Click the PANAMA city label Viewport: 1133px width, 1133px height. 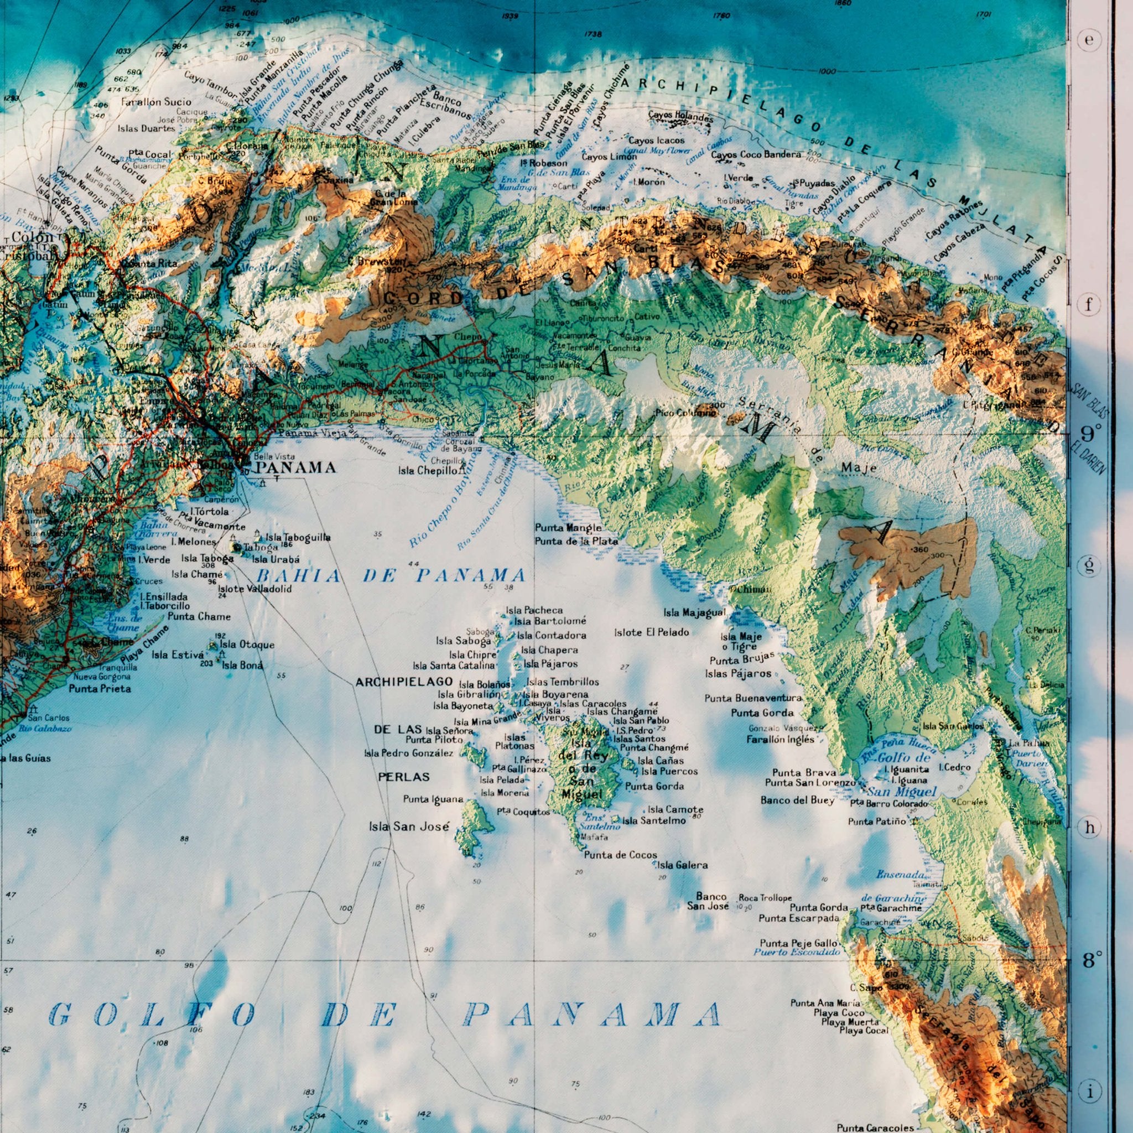296,467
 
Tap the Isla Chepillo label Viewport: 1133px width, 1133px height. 427,470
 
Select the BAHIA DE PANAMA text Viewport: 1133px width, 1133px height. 390,576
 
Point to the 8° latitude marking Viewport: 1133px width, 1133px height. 1092,960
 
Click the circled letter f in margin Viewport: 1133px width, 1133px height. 1089,305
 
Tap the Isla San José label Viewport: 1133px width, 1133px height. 409,827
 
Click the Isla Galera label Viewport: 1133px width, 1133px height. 682,865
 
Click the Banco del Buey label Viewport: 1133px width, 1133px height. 797,801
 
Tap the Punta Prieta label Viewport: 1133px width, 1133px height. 100,688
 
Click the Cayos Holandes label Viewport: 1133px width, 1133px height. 680,116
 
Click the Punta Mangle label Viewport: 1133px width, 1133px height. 568,528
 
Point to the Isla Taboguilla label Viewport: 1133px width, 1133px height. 298,537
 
